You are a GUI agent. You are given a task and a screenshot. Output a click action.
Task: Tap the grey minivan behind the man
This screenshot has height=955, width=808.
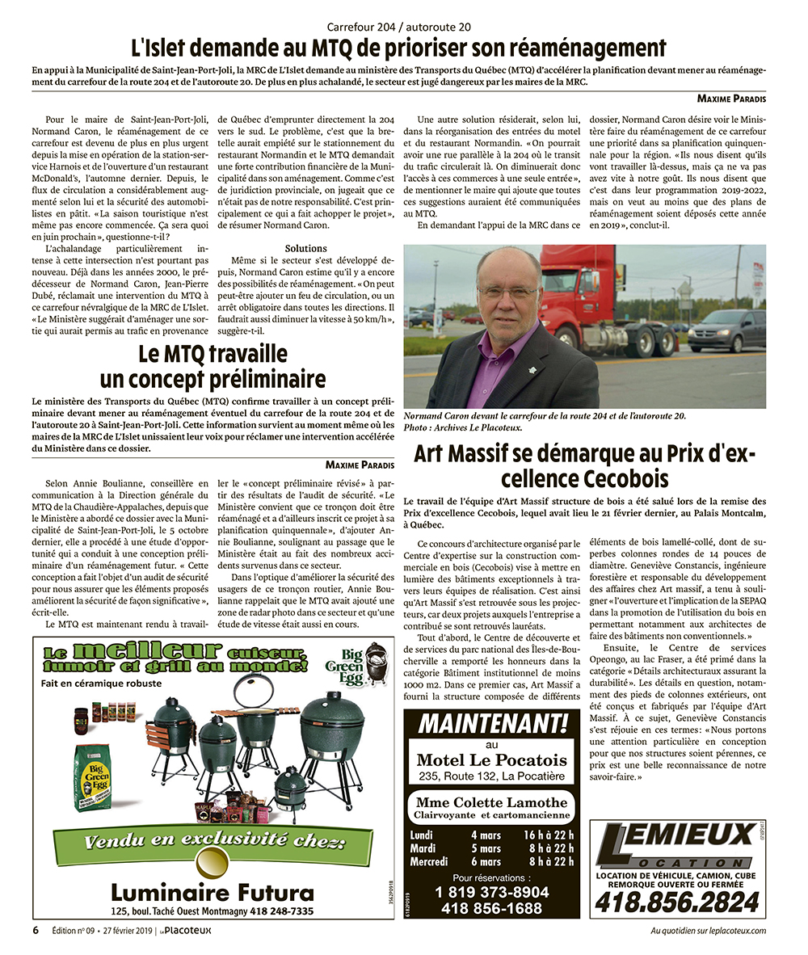[726, 330]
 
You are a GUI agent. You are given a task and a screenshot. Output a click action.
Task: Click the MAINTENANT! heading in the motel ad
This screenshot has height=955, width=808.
[492, 722]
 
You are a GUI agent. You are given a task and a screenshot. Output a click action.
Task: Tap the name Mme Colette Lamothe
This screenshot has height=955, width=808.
[491, 801]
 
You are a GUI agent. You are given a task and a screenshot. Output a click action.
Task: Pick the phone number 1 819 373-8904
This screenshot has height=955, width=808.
[492, 892]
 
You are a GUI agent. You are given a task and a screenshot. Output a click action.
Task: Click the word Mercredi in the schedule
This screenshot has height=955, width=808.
[428, 861]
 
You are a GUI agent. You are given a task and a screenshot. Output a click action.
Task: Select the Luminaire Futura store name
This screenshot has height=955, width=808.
[212, 892]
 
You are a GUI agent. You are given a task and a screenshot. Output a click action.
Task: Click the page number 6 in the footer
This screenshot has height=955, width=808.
[36, 930]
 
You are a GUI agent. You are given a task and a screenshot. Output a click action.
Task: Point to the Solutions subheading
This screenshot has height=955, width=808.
[305, 248]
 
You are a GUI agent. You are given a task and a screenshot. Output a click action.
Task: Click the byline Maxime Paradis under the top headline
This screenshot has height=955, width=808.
[730, 99]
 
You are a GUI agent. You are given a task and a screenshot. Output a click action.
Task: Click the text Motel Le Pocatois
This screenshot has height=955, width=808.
[491, 759]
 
